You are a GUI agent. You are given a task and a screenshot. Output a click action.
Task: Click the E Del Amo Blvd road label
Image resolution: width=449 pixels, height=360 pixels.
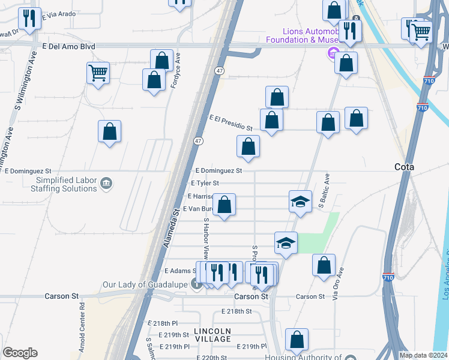[70, 45]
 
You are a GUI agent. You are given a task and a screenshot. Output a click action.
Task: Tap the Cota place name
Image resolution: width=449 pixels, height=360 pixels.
[405, 167]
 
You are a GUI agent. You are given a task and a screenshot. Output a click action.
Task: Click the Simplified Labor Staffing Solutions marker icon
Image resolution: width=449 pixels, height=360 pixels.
[106, 183]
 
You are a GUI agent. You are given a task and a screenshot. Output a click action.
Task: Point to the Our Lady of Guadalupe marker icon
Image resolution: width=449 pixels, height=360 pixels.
[196, 284]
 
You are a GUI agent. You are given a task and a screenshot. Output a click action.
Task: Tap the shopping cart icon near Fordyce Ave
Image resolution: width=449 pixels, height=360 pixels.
[98, 73]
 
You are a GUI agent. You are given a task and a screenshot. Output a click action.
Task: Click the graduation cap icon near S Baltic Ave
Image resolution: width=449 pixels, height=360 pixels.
[301, 201]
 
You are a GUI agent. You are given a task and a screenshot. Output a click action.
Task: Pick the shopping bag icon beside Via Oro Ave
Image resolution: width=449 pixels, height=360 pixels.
[324, 265]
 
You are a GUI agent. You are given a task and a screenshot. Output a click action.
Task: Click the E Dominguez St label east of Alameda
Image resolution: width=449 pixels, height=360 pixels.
[218, 170]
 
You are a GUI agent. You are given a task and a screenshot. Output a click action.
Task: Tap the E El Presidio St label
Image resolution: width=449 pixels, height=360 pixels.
[231, 122]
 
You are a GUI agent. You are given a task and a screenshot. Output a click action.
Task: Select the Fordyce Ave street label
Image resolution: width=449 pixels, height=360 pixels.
[176, 70]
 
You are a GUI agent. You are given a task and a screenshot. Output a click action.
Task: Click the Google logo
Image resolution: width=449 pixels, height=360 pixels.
[20, 353]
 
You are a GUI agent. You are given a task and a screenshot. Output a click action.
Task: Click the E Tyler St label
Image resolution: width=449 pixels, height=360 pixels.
[205, 183]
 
